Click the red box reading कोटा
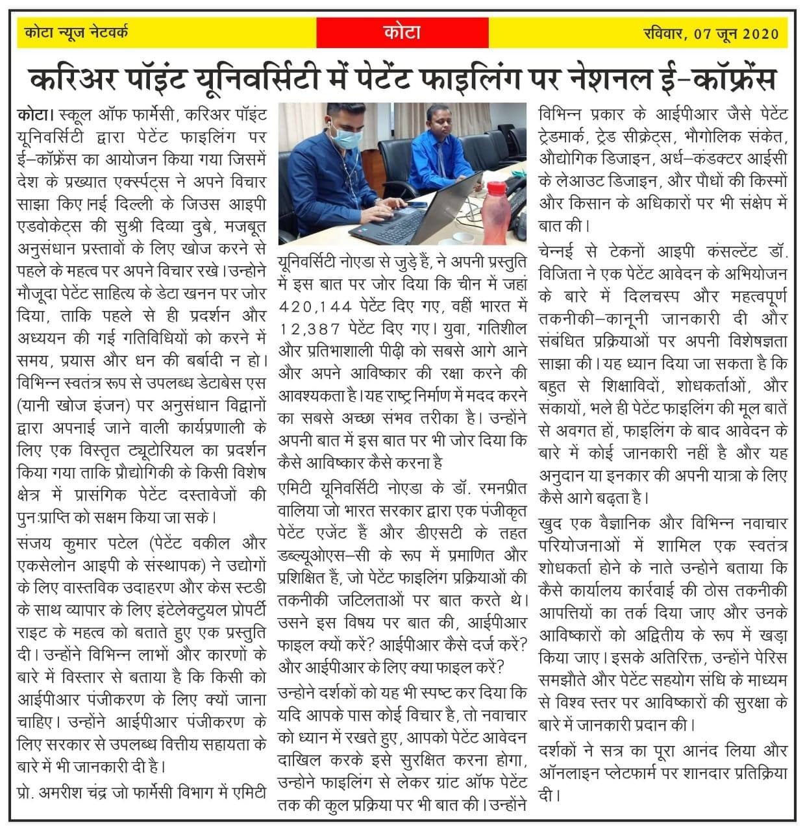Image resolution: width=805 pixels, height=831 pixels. click(402, 32)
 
